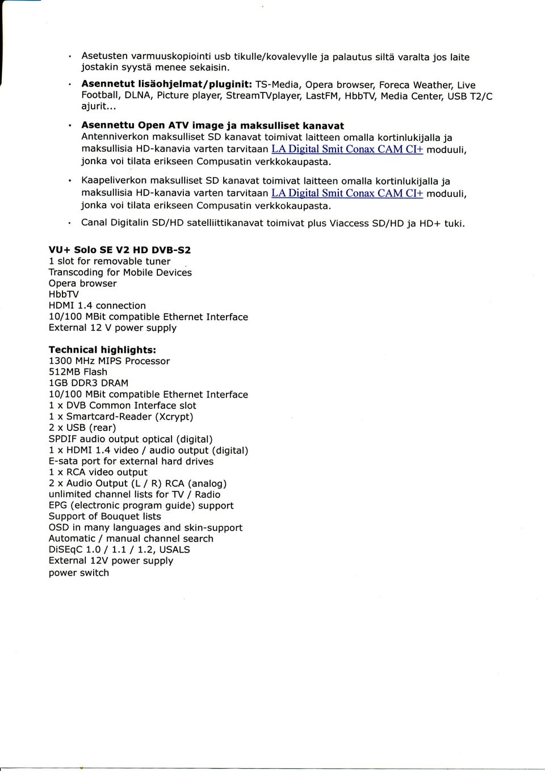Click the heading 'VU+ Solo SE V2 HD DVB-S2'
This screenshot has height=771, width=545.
pyautogui.click(x=120, y=250)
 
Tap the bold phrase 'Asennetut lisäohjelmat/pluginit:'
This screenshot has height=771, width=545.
pyautogui.click(x=167, y=85)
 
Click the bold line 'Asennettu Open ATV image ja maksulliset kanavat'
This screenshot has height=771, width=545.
pyautogui.click(x=212, y=125)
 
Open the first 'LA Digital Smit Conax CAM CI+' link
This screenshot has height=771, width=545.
pyautogui.click(x=347, y=149)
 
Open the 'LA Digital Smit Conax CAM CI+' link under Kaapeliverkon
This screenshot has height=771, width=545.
pyautogui.click(x=347, y=193)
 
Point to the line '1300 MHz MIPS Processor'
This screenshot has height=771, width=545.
pyautogui.click(x=109, y=361)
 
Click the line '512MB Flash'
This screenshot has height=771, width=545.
pyautogui.click(x=78, y=372)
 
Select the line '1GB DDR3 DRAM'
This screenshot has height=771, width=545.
pyautogui.click(x=89, y=383)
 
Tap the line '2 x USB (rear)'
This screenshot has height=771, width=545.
pyautogui.click(x=82, y=428)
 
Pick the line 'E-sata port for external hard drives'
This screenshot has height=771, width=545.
pyautogui.click(x=131, y=461)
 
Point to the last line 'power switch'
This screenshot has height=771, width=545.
pyautogui.click(x=79, y=572)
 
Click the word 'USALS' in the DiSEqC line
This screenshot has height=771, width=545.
pyautogui.click(x=174, y=550)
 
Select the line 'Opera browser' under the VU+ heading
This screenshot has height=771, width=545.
pyautogui.click(x=82, y=283)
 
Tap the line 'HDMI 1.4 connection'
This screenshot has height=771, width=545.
pyautogui.click(x=97, y=305)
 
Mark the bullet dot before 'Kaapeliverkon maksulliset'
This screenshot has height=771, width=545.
pyautogui.click(x=69, y=182)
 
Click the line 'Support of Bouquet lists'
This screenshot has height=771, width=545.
pyautogui.click(x=104, y=516)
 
